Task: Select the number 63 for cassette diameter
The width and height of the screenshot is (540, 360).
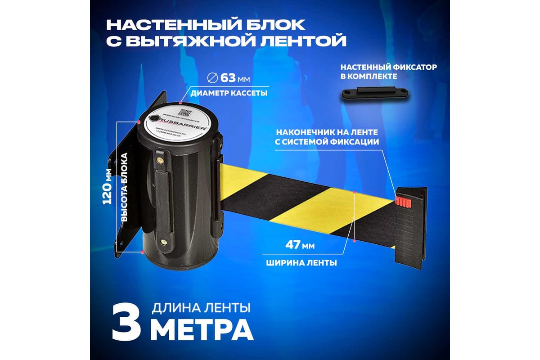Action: pos(228,78)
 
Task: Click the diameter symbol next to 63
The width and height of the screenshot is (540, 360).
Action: pos(211,78)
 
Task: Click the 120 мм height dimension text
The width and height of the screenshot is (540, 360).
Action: pos(108,187)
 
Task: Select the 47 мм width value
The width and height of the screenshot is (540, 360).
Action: pos(299,246)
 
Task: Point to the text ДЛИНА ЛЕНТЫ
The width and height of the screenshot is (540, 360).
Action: pos(201,308)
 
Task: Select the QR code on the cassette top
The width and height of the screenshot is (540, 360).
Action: pos(184,112)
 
